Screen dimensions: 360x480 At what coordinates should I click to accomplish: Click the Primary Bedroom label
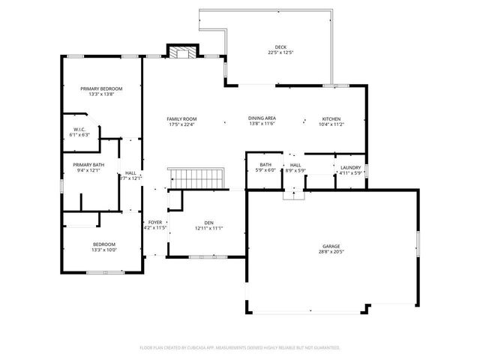click(101, 89)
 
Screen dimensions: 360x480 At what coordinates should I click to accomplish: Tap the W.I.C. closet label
click(79, 130)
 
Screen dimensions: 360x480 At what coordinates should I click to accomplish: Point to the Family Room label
click(181, 119)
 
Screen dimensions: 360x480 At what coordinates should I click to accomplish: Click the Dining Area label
click(262, 119)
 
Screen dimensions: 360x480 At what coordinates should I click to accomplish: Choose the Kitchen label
click(331, 119)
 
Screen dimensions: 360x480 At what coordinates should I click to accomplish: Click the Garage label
click(331, 247)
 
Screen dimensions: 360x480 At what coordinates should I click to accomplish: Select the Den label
click(208, 223)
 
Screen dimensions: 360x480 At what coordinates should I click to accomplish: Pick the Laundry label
click(350, 168)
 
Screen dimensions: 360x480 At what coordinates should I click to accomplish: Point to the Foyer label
click(154, 223)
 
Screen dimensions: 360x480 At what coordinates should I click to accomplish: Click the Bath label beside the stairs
click(265, 165)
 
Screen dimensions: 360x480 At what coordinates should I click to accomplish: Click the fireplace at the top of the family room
click(181, 53)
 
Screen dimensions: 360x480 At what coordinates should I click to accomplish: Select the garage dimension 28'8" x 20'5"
click(331, 252)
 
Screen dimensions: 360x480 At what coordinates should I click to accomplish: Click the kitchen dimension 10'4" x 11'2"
click(331, 124)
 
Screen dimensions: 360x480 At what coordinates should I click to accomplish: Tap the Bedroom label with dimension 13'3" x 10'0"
click(104, 244)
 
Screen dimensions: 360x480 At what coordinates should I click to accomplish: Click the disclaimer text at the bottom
click(240, 348)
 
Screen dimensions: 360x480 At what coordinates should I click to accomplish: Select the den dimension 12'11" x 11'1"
click(208, 228)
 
